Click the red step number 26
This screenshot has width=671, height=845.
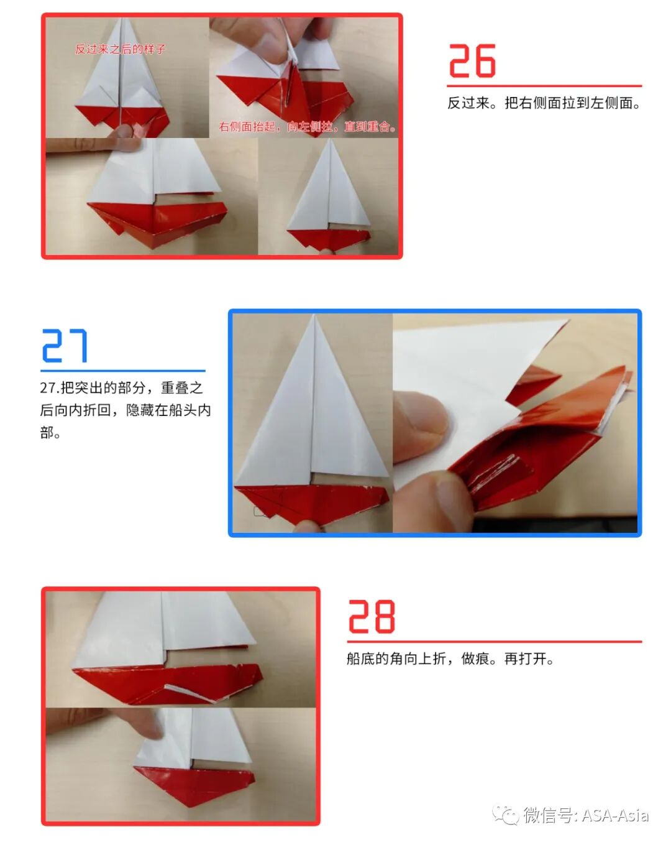click(472, 61)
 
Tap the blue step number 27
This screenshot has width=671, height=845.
click(65, 346)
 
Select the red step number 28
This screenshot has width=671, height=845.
click(371, 616)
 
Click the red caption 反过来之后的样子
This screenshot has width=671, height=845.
click(120, 49)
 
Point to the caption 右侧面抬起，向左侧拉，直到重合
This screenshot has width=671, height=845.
click(307, 127)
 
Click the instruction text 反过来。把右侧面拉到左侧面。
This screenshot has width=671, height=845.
click(544, 103)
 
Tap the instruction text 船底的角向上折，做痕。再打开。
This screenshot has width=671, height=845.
click(450, 658)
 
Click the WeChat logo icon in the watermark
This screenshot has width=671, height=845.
click(505, 815)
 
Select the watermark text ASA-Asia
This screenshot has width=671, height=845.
click(615, 815)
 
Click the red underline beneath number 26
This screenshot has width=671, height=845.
click(544, 86)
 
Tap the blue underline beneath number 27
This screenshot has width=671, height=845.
click(123, 371)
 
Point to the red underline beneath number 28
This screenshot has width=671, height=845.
click(494, 641)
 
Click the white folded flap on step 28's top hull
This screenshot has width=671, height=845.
click(189, 691)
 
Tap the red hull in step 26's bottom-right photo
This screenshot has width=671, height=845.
click(326, 239)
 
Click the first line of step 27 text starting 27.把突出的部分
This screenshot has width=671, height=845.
click(122, 388)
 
